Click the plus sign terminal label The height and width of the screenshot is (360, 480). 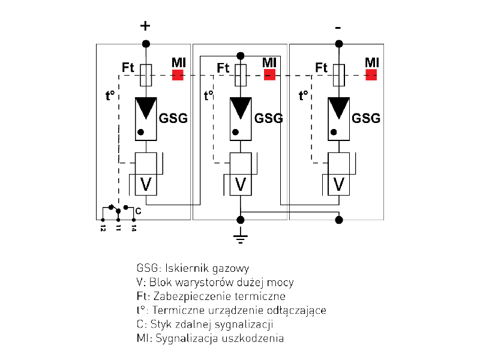point(145,26)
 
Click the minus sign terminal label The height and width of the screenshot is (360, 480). point(338,28)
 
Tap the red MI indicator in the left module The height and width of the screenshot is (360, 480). point(178,75)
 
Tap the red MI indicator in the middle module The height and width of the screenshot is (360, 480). point(269,75)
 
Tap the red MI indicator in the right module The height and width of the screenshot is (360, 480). point(371,75)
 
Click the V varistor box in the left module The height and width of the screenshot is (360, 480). point(145,184)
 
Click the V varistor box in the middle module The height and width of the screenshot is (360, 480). point(241,184)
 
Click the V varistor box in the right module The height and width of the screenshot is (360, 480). point(339,184)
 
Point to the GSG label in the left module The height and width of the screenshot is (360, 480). point(173,118)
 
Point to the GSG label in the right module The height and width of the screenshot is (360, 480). point(366,118)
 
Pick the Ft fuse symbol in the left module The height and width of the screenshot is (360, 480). point(145,75)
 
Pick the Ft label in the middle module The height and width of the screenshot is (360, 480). point(223,68)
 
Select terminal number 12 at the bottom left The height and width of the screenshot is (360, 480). point(103,229)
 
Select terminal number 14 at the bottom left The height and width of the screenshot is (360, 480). point(133,229)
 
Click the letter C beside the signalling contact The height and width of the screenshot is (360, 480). point(138,211)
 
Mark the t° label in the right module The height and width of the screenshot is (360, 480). point(304,95)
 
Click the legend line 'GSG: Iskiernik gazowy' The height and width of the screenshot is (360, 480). point(193,268)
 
